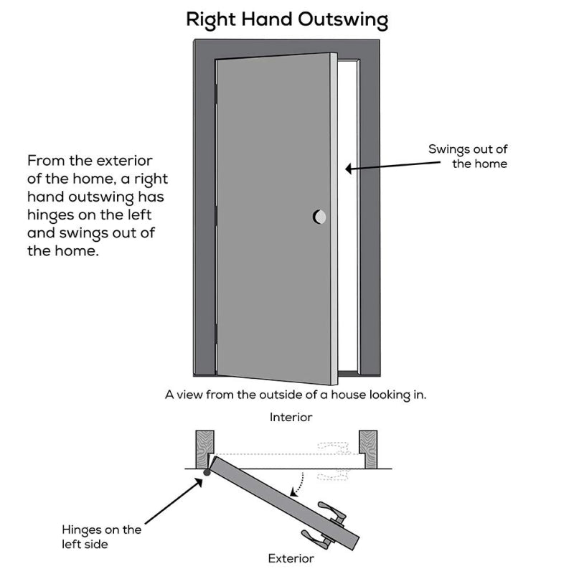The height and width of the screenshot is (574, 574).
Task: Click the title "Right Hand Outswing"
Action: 287,19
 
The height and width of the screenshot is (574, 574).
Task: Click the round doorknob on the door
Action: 319,216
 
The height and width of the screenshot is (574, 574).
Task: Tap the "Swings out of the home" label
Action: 468,156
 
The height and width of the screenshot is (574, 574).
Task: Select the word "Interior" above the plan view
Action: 291,417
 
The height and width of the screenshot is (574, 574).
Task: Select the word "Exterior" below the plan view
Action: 291,557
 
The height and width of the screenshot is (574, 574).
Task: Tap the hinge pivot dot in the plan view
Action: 207,471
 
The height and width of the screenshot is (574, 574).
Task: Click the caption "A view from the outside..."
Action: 296,395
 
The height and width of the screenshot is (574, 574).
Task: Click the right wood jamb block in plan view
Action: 368,448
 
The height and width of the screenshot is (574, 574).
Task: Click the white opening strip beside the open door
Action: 350,215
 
